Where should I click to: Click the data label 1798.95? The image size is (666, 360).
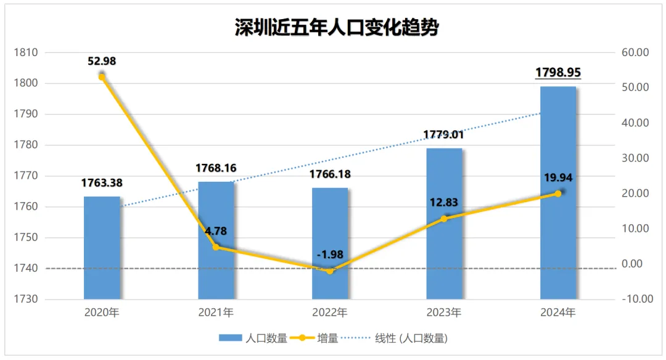tap(558, 73)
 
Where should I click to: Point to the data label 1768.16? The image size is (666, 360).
tap(216, 168)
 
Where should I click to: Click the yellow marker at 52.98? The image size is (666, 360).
tap(102, 76)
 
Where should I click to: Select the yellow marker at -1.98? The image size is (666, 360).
tap(330, 271)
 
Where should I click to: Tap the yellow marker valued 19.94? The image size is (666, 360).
tap(558, 194)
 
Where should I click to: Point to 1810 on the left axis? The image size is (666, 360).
tap(26, 53)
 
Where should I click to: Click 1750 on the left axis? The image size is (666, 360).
tap(26, 238)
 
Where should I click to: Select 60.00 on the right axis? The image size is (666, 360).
tap(636, 53)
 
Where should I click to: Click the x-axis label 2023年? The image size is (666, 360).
tap(444, 313)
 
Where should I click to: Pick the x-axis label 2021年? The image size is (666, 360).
tap(216, 313)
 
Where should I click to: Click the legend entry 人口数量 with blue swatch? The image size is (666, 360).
tap(253, 338)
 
